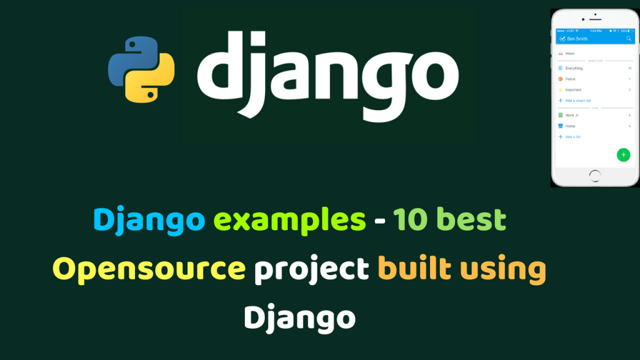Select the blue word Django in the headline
(149, 220)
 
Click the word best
(471, 220)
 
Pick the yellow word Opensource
(149, 269)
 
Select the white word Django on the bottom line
(300, 317)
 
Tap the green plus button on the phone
(623, 155)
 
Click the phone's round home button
(594, 176)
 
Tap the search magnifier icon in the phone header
(629, 39)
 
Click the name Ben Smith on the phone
(577, 39)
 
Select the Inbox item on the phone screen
(570, 53)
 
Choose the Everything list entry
(574, 68)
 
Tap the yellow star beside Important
(561, 90)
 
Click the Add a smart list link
(578, 101)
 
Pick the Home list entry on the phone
(570, 126)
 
